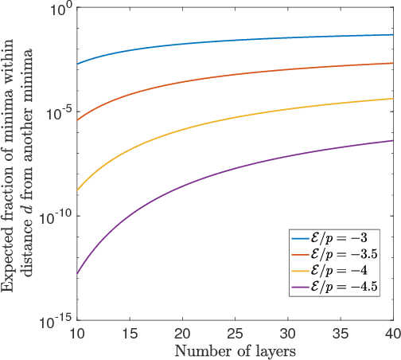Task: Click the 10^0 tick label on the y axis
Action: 59,10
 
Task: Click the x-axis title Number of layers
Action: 235,350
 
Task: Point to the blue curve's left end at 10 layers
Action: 77,64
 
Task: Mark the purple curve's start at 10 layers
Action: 77,274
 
